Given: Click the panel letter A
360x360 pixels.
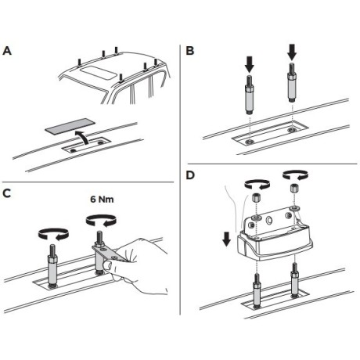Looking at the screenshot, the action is point(7,51).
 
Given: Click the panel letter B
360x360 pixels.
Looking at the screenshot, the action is point(190,51).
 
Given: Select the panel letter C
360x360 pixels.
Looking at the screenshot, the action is point(7,193).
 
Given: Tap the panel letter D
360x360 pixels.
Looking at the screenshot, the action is point(190,175).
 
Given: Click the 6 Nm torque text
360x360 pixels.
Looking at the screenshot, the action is point(102,200).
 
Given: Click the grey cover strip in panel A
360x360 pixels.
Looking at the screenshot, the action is point(70,126).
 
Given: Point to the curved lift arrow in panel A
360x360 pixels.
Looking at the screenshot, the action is point(81,138).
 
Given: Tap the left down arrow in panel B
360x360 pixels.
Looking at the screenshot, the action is point(250,64).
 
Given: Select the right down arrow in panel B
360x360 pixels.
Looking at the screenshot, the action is point(292,53).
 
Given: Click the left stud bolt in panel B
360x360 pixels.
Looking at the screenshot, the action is point(250,94).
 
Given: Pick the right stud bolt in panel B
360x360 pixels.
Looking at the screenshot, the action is point(292,83).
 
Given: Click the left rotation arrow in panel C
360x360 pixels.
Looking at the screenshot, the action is point(53,234).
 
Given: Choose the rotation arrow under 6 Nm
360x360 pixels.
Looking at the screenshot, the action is point(101,221).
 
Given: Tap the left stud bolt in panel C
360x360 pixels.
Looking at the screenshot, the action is point(52,265).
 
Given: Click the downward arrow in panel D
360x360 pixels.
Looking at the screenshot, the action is point(227,239).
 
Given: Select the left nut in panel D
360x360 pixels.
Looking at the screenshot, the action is point(256,197).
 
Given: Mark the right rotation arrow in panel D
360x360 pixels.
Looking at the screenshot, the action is point(295,175).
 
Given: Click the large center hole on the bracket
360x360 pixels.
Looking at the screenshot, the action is point(268,221).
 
